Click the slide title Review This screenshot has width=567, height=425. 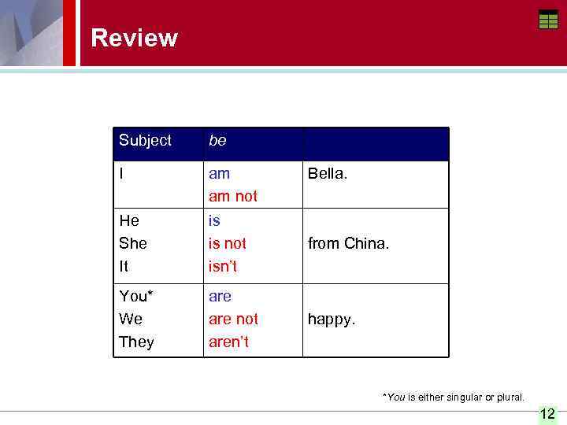coord(134,38)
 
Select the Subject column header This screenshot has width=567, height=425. coord(145,141)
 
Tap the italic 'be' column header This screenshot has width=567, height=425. coord(217,141)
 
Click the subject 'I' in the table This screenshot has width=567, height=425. coord(121,173)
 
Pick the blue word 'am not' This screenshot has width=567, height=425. coord(232,196)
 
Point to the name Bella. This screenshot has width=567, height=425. coord(327,173)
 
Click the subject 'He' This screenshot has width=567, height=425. coord(129,221)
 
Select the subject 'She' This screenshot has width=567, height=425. coord(133,244)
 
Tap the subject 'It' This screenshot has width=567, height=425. coord(124,267)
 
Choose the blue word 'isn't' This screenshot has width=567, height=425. coord(223,267)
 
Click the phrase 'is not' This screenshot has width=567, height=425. coord(227,244)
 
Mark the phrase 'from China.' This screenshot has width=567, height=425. coord(348,244)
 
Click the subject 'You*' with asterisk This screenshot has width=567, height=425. coord(136,296)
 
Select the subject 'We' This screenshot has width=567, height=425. coord(131,319)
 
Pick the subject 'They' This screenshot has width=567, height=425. coord(136,342)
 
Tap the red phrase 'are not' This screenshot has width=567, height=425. coord(233,319)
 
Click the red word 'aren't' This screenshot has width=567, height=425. coord(228,342)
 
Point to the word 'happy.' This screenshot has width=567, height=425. coord(332,319)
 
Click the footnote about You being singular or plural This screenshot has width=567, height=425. coord(453,397)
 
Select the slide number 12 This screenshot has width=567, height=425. coord(547,414)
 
